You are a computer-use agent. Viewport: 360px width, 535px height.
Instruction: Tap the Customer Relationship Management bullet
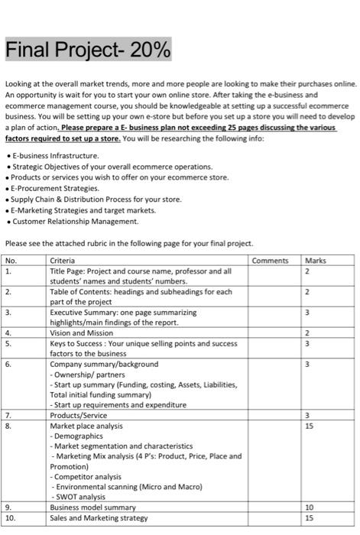(x=74, y=221)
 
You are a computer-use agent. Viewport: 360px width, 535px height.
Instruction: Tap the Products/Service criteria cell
(x=78, y=415)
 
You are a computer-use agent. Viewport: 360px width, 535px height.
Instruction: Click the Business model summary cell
(x=92, y=507)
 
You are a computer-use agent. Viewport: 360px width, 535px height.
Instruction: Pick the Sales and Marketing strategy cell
(x=99, y=517)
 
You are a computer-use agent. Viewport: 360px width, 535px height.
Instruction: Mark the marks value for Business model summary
(x=309, y=507)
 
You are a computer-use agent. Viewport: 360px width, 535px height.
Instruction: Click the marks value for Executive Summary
(x=307, y=313)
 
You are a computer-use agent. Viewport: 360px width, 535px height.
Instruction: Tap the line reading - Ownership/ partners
(x=86, y=374)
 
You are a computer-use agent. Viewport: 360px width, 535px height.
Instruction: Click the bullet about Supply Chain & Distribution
(x=95, y=199)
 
